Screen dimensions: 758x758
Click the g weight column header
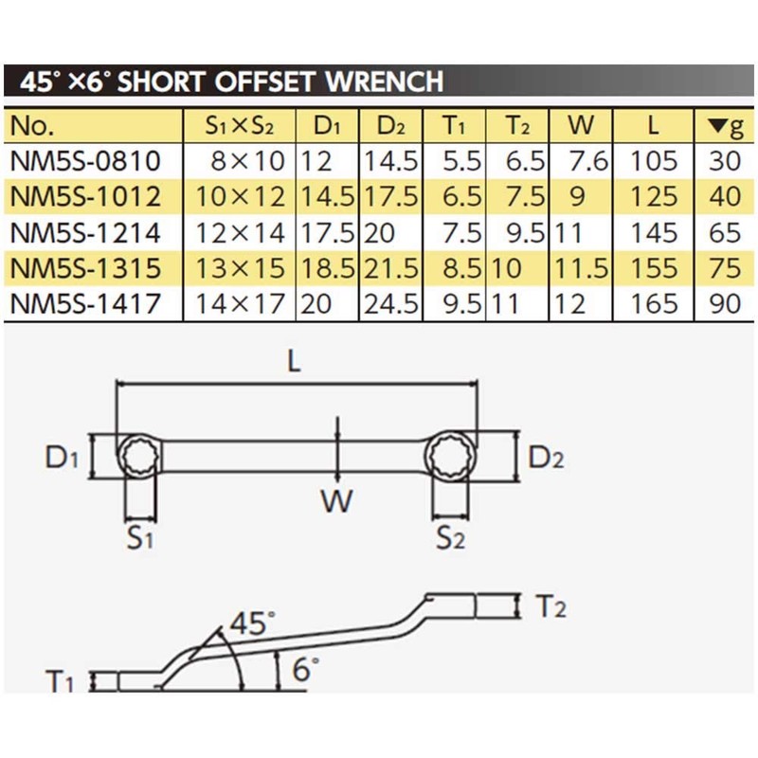[x=724, y=125]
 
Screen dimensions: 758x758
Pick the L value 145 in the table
[x=655, y=232]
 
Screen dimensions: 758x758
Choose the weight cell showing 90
[x=724, y=304]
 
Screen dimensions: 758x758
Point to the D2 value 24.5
[x=390, y=304]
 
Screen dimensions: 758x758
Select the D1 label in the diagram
[x=61, y=459]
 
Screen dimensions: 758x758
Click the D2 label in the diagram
[x=547, y=459]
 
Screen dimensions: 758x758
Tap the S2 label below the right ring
[x=451, y=540]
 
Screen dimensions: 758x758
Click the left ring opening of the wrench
[x=139, y=459]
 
